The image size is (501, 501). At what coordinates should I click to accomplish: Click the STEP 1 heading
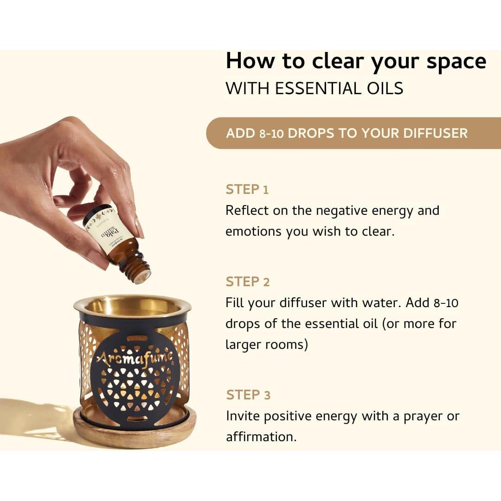[x=247, y=190]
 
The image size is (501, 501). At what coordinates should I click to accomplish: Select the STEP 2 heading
[x=247, y=282]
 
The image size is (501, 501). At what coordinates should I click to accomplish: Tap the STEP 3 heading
[x=248, y=395]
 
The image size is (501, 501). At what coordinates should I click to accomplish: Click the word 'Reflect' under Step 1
[x=247, y=211]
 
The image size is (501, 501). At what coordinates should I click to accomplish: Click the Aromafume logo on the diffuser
[x=134, y=358]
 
